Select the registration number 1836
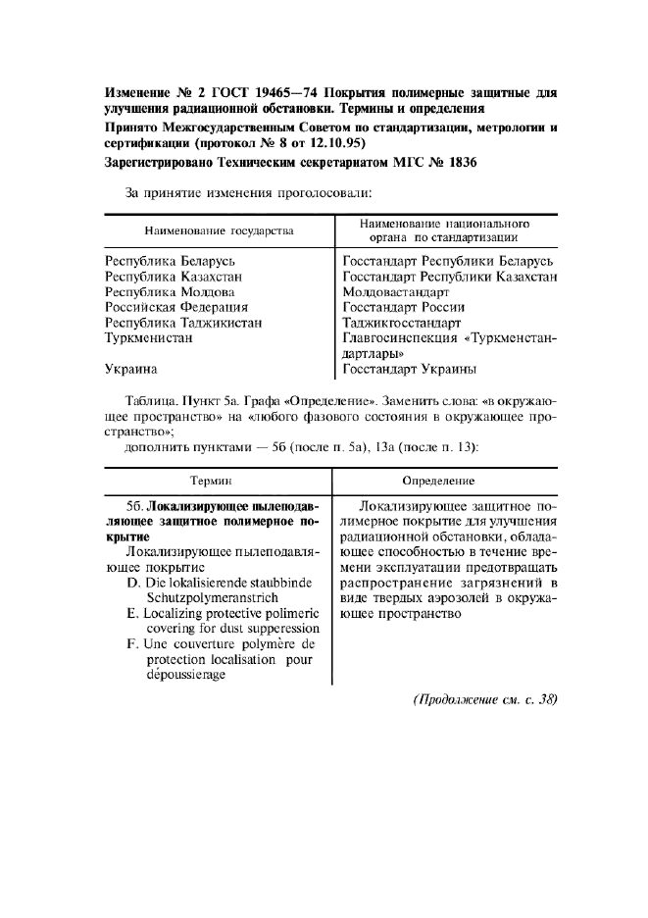457,163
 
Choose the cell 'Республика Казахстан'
174,277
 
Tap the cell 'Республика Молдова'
170,292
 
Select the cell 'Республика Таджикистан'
183,323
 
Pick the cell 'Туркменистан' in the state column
148,337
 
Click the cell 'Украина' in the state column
131,370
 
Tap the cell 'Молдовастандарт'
396,292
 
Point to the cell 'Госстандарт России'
404,307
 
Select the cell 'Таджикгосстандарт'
402,323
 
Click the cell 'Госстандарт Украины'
410,370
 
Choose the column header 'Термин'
218,481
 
